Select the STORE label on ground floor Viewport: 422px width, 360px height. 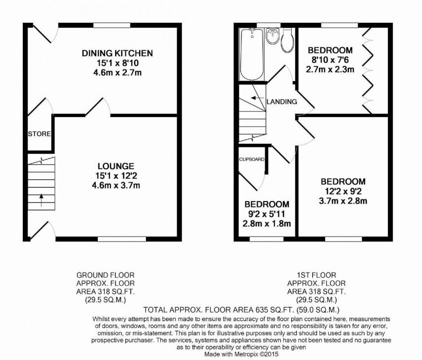coord(39,134)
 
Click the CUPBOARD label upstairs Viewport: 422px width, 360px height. coord(252,160)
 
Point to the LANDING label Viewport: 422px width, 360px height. coord(281,102)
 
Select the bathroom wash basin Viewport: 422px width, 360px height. coord(271,36)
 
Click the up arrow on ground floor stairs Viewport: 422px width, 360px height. coord(40,200)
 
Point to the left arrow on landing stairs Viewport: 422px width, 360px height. coord(254,98)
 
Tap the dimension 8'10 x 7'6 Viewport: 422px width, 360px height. coord(330,60)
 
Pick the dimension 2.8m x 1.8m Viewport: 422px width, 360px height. coord(266,224)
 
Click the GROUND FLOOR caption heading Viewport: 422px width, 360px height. coord(105,275)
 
